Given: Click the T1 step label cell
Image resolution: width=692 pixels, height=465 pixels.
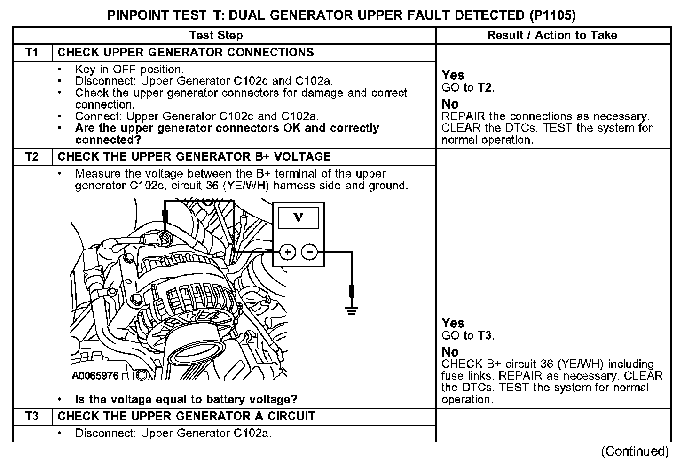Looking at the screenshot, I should coord(32,52).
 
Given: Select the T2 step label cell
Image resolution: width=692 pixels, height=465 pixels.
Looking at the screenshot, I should coord(32,156).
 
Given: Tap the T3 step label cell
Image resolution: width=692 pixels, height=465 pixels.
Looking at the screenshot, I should coord(32,416).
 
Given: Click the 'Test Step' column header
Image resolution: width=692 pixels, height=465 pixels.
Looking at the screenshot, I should coord(216,35).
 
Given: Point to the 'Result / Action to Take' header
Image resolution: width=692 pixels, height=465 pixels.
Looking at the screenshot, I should coord(552,35).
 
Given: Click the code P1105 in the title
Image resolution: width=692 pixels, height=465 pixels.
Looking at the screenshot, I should coord(552,15).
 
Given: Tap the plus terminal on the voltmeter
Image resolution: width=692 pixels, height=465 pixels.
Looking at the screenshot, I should coord(287,252).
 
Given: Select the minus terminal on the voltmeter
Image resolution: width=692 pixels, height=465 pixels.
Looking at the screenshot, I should coord(309,252).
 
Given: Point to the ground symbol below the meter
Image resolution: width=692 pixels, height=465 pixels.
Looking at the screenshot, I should coord(351,310).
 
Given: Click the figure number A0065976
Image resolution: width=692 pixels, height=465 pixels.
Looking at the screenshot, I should coord(95,376).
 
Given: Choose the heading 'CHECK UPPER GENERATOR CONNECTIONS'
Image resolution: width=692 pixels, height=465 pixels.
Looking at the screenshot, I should coord(186,52).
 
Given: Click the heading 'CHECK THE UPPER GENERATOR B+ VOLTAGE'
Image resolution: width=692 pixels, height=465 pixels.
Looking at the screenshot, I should coord(194,156).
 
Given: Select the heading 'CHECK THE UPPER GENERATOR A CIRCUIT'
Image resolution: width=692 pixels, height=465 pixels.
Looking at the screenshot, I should coord(186,416).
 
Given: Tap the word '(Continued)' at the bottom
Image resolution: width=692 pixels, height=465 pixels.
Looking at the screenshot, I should coord(635,451).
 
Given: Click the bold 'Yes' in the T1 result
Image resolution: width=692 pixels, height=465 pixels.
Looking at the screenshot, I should coord(453,75).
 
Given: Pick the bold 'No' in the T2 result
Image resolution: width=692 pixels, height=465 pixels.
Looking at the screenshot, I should coord(450,352).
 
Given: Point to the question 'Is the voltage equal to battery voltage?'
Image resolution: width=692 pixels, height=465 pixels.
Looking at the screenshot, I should coord(186,400).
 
